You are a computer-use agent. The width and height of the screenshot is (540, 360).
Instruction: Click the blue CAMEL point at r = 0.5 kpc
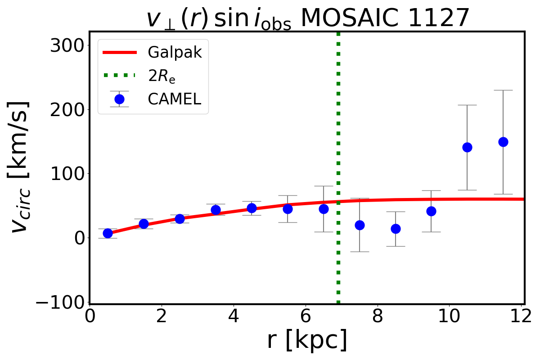(108, 233)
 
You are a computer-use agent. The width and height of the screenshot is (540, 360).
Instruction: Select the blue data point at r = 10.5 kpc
(467, 147)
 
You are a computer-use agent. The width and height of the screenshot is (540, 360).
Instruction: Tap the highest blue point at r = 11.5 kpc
(503, 142)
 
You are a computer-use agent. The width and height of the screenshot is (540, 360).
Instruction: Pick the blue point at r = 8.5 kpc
(396, 229)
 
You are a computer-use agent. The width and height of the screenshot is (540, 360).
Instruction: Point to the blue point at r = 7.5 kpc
(360, 225)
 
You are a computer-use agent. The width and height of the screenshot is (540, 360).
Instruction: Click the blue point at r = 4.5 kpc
(252, 208)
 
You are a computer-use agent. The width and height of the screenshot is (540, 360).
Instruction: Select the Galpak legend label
(175, 53)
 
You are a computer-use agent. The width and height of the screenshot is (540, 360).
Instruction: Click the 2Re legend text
(162, 76)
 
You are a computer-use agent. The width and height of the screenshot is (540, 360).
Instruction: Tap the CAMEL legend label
(174, 99)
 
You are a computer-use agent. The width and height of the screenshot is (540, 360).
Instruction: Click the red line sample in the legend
(119, 53)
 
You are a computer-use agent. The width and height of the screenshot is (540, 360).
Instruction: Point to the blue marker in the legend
(119, 99)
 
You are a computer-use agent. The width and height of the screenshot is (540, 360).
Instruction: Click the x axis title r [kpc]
(307, 340)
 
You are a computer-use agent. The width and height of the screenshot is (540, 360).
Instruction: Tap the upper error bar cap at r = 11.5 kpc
(503, 90)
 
